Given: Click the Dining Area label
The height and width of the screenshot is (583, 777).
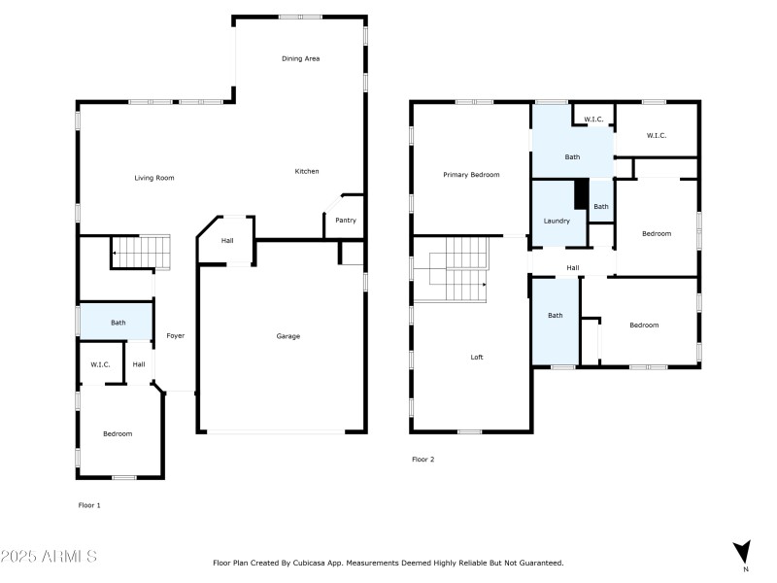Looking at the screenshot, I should click(x=300, y=59).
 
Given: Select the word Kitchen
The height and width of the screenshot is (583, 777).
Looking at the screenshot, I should click(x=307, y=172).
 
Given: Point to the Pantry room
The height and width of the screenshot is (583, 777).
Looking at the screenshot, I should click(x=345, y=221).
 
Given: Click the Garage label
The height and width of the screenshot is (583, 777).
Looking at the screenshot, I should click(x=287, y=336).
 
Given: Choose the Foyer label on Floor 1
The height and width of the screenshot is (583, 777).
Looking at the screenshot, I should click(x=176, y=336).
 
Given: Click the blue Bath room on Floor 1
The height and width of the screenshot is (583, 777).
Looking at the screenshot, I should click(x=118, y=323).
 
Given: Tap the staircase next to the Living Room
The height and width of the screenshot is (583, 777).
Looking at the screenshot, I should click(x=142, y=252).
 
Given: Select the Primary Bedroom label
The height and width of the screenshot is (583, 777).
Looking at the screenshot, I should click(x=471, y=175).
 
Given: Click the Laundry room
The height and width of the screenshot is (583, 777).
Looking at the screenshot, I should click(x=557, y=221).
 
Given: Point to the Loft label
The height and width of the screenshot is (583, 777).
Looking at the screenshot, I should click(x=477, y=358).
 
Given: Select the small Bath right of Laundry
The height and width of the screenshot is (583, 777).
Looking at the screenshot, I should click(x=601, y=206).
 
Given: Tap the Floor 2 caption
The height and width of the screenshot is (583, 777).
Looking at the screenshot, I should click(x=422, y=459).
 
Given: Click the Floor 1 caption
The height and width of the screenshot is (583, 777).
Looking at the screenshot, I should click(x=89, y=505).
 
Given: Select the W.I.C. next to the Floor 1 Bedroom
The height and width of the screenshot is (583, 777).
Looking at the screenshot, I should click(x=100, y=364).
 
